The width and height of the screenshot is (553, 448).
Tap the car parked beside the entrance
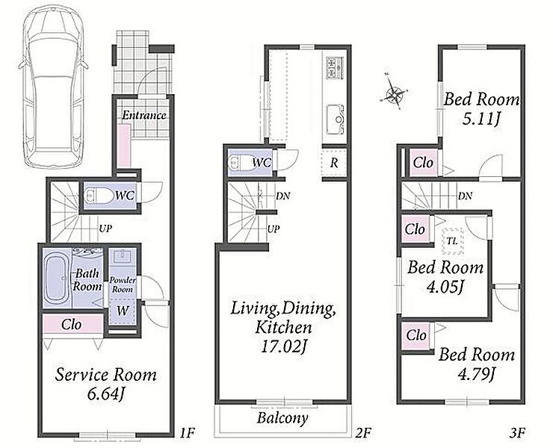click(x=54, y=87)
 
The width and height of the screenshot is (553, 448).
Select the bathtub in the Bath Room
click(x=56, y=278)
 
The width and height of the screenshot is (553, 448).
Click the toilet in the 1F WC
click(x=96, y=196)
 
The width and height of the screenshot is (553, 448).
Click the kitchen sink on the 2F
click(x=336, y=119)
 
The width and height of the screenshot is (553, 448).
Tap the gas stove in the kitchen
click(x=336, y=67)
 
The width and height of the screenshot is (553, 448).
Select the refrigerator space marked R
click(x=334, y=163)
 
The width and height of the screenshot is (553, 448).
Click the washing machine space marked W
click(x=122, y=311)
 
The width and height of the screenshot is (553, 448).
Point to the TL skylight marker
click(x=452, y=241)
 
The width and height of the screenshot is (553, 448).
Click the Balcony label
click(x=282, y=418)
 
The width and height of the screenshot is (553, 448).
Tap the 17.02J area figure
click(x=282, y=347)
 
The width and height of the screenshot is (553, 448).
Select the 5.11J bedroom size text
click(x=481, y=120)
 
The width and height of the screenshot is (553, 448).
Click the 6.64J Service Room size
click(x=106, y=395)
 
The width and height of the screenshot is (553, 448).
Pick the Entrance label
click(x=144, y=115)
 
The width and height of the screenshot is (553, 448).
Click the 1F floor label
click(x=187, y=432)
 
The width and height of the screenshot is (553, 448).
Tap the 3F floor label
click(x=517, y=432)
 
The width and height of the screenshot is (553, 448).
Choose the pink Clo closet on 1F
click(x=73, y=324)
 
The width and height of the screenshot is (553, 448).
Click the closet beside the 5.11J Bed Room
click(x=423, y=163)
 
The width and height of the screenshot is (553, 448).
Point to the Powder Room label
click(x=123, y=284)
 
